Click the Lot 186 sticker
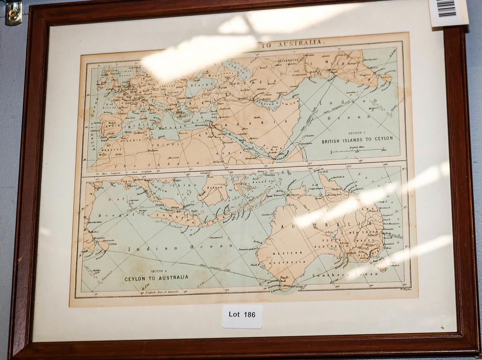pos(242,315)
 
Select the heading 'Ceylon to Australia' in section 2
pos(156,278)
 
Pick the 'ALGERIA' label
pos(129,140)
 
